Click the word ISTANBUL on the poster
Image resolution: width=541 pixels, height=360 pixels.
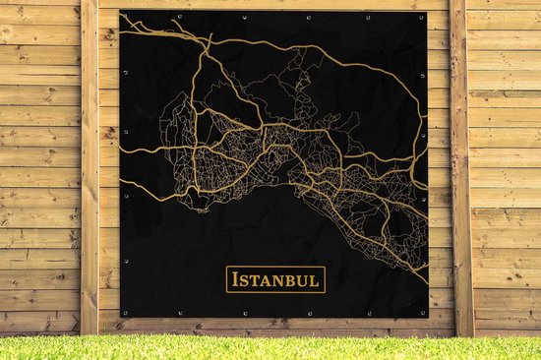(x=275, y=280)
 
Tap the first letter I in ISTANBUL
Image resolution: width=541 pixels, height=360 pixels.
(x=234, y=280)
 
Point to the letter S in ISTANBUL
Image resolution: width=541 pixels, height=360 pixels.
(x=244, y=281)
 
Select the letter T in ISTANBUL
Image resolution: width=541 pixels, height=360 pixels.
(x=255, y=281)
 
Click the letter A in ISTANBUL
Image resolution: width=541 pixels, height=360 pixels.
(x=267, y=281)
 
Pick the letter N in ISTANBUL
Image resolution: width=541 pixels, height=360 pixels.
(x=279, y=281)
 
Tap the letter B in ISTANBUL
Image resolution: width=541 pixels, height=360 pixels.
(x=292, y=281)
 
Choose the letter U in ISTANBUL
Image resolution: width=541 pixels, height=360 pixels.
(x=304, y=281)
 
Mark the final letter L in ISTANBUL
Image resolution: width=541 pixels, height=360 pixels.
(x=316, y=281)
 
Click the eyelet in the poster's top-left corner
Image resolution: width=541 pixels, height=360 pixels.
(x=125, y=15)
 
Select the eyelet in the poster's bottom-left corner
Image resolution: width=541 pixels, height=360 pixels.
(x=125, y=312)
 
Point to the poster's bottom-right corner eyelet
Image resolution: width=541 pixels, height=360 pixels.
(x=424, y=313)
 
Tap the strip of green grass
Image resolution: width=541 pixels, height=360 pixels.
(x=270, y=347)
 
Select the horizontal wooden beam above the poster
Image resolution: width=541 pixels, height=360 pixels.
(x=275, y=4)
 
